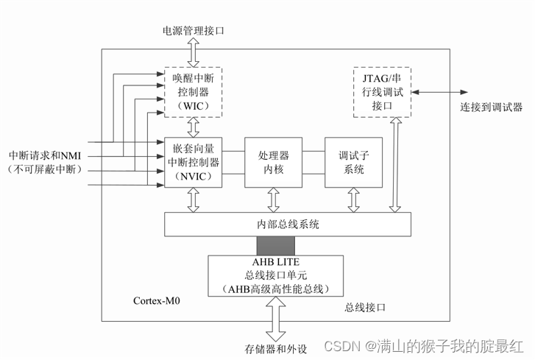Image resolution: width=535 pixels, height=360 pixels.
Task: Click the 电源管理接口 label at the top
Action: click(x=193, y=32)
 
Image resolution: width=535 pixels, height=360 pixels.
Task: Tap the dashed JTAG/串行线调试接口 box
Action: click(x=382, y=91)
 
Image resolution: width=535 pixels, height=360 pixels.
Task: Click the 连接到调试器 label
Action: click(x=491, y=107)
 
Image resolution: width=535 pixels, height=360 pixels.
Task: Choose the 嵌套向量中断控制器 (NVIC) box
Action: click(x=192, y=162)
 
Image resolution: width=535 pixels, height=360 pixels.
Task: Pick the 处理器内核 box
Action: click(x=273, y=162)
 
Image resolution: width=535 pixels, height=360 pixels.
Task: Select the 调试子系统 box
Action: click(x=354, y=162)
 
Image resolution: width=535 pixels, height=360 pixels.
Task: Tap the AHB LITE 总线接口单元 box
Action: click(x=276, y=276)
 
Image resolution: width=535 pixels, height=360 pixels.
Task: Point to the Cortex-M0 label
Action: click(x=157, y=301)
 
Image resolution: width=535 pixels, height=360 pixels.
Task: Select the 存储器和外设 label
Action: click(x=275, y=347)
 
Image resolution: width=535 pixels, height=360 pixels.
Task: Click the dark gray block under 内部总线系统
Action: click(x=275, y=246)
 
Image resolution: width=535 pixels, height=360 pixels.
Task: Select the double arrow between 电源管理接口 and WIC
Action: click(x=193, y=54)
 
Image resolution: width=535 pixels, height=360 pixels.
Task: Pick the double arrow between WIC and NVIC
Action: click(x=193, y=127)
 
